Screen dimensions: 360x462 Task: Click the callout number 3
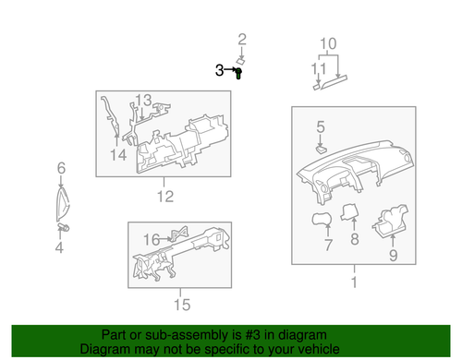click(x=220, y=70)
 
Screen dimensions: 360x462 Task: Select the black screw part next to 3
click(x=238, y=73)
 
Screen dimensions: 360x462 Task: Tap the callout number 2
click(x=243, y=39)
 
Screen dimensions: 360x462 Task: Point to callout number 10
click(x=329, y=43)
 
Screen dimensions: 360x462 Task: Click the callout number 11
click(x=319, y=68)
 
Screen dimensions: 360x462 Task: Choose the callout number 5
click(x=320, y=126)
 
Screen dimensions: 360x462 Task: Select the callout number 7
click(x=327, y=246)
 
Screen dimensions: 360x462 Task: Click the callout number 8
click(x=353, y=239)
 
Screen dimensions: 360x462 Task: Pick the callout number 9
click(x=392, y=256)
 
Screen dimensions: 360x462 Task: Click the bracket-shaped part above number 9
click(x=386, y=223)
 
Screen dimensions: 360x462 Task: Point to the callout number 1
click(x=353, y=281)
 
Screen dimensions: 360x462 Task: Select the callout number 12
click(x=164, y=197)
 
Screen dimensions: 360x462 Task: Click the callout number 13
click(x=143, y=100)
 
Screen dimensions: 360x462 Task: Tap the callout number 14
click(x=118, y=154)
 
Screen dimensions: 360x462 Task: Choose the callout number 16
click(x=151, y=240)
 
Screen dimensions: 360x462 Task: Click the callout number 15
click(x=182, y=304)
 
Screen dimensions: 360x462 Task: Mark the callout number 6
click(x=61, y=168)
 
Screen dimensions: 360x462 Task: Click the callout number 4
click(x=59, y=247)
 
